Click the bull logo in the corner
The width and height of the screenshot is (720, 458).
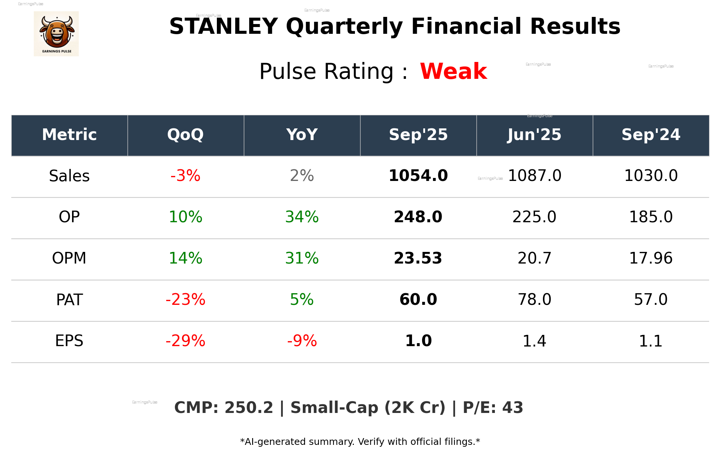click(x=56, y=34)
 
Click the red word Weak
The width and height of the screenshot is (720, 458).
click(x=453, y=71)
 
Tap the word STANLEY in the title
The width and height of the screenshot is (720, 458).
click(x=223, y=27)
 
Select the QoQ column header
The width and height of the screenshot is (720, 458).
click(x=185, y=135)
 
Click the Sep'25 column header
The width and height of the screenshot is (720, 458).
click(x=418, y=135)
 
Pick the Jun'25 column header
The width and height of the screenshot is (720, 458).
click(x=534, y=135)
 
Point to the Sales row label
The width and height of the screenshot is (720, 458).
click(x=69, y=176)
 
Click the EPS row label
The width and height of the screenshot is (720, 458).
click(x=69, y=341)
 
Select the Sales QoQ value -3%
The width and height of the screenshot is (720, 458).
click(x=185, y=176)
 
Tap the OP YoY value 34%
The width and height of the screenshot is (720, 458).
click(x=302, y=217)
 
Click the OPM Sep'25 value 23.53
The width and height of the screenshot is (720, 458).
click(x=418, y=258)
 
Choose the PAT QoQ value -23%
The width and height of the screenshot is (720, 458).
click(x=185, y=300)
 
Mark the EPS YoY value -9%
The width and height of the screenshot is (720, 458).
click(x=302, y=341)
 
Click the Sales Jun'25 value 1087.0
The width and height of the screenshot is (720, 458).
click(x=534, y=176)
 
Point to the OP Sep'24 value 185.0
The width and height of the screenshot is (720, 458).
click(x=651, y=217)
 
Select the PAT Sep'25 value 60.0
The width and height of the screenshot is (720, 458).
click(x=418, y=300)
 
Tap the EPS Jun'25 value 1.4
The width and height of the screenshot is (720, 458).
click(x=534, y=341)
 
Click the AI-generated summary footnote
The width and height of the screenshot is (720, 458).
click(x=360, y=442)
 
